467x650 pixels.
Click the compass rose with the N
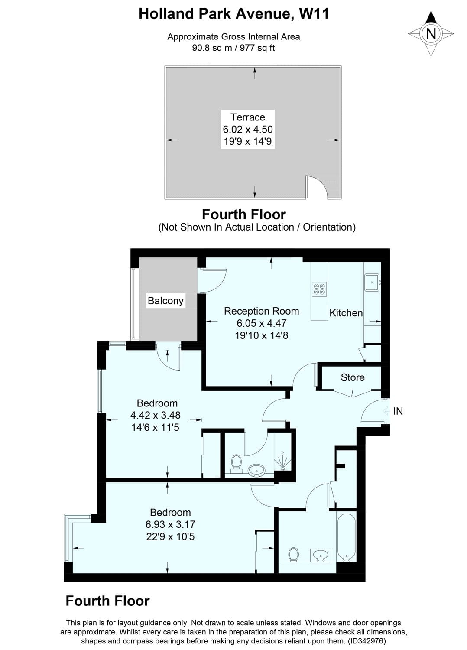(x=431, y=34)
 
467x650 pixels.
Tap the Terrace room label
(x=248, y=117)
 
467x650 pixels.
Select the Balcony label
(x=165, y=301)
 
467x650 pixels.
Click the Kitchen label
(x=346, y=313)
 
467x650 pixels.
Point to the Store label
(x=352, y=377)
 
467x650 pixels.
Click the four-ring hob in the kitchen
(x=320, y=289)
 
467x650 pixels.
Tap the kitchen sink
(x=372, y=283)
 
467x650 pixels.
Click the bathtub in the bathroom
(x=346, y=536)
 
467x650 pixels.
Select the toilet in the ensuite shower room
(x=236, y=462)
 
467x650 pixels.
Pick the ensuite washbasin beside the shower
(x=257, y=470)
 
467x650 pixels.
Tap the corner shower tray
(x=283, y=461)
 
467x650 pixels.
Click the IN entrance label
(x=398, y=411)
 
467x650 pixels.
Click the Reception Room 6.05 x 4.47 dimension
(x=261, y=323)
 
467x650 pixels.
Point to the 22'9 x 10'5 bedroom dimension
(x=170, y=536)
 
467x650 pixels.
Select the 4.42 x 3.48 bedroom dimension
(x=156, y=415)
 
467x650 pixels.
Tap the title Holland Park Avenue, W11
(x=233, y=14)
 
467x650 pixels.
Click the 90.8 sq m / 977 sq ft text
(x=233, y=48)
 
